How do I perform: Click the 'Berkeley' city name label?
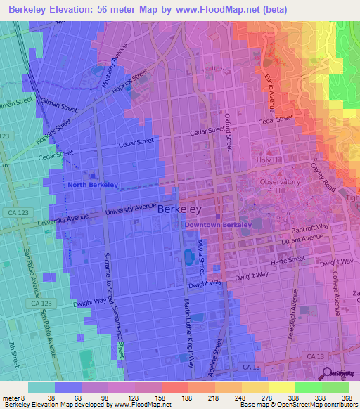[x=179, y=209]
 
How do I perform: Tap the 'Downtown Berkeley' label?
[x=217, y=225]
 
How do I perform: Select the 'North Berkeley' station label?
[x=93, y=185]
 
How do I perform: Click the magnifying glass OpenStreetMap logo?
[x=328, y=373]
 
